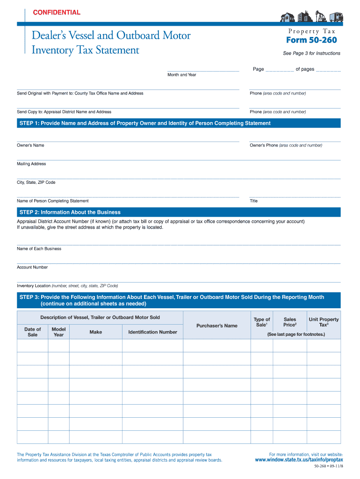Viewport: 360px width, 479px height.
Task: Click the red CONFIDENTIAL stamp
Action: (57, 13)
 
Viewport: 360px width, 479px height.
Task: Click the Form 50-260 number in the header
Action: (311, 40)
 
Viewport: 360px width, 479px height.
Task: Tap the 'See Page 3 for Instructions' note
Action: (311, 53)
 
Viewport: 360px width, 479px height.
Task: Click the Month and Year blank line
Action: (203, 70)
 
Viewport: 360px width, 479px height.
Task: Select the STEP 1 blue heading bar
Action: (179, 123)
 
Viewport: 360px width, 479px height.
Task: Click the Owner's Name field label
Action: (31, 145)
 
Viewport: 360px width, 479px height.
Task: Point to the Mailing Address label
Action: (32, 164)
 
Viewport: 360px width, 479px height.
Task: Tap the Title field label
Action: (254, 201)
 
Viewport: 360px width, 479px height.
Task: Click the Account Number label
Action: (32, 268)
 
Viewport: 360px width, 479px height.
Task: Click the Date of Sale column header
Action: (33, 332)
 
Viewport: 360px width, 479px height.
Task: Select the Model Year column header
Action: (58, 332)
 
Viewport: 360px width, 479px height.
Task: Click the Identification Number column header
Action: (152, 332)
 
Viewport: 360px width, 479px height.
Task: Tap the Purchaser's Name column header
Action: (217, 326)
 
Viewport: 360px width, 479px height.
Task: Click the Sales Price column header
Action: (290, 322)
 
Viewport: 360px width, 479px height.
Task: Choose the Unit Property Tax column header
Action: (324, 322)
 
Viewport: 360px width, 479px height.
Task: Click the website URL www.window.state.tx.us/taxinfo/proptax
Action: (299, 460)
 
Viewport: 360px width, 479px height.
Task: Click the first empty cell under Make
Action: (96, 346)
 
